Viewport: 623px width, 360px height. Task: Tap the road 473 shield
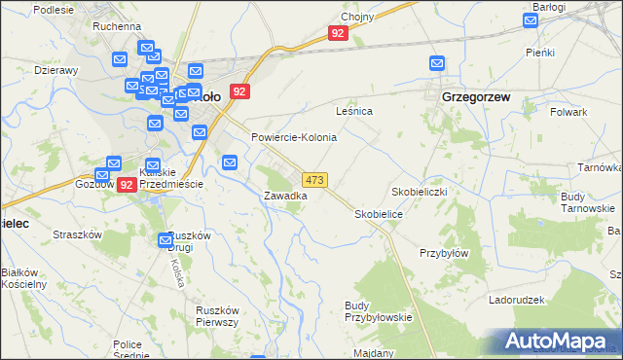pyautogui.click(x=314, y=180)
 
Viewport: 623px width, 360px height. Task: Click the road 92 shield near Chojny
pyautogui.click(x=338, y=33)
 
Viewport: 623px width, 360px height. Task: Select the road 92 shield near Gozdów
pyautogui.click(x=126, y=184)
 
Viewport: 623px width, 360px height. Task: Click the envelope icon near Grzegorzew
pyautogui.click(x=437, y=64)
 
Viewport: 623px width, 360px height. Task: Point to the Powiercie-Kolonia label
pyautogui.click(x=294, y=137)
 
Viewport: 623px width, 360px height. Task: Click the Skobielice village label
pyautogui.click(x=379, y=213)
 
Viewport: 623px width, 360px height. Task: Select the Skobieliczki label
pyautogui.click(x=419, y=192)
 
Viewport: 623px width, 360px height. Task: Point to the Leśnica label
pyautogui.click(x=354, y=111)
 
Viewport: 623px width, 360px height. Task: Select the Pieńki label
pyautogui.click(x=539, y=52)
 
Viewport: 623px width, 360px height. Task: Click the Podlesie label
pyautogui.click(x=27, y=9)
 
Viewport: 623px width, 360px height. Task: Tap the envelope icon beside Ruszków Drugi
pyautogui.click(x=165, y=240)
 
